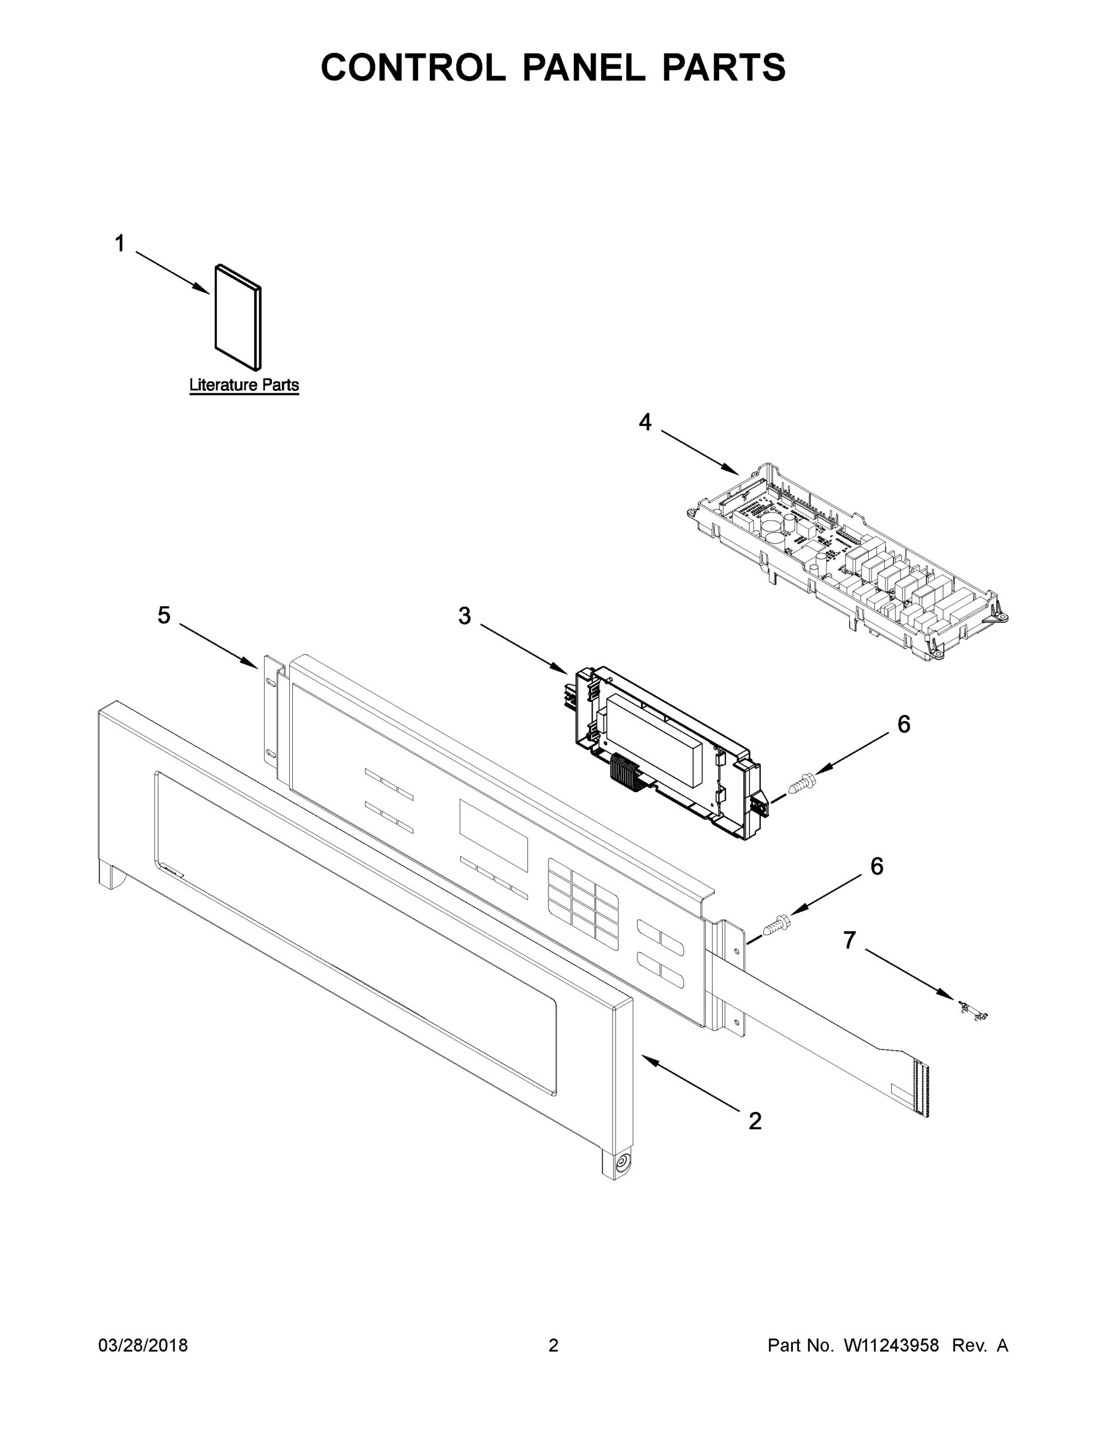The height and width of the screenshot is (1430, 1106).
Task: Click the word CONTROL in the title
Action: click(413, 67)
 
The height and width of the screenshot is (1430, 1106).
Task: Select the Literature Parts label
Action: click(244, 385)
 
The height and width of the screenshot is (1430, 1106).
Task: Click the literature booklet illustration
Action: click(238, 317)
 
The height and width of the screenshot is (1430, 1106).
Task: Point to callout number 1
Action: click(119, 244)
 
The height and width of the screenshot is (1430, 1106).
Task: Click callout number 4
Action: click(645, 423)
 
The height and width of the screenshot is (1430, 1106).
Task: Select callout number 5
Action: click(164, 615)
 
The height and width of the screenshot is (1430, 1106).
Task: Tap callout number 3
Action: click(464, 616)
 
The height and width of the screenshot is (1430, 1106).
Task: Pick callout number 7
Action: click(849, 940)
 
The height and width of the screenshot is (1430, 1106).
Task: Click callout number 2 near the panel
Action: click(755, 1121)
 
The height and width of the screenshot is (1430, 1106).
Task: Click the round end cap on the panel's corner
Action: click(620, 1163)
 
